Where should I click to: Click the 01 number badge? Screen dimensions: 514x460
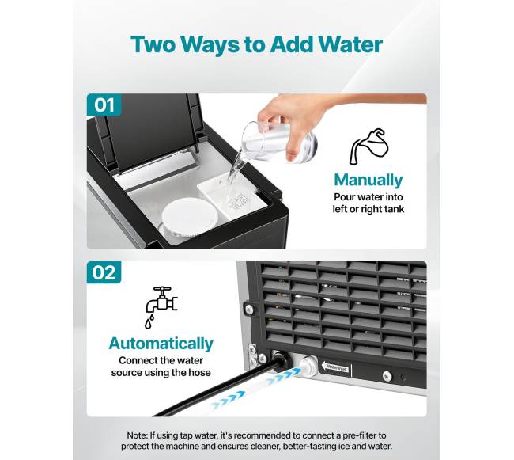click(x=104, y=105)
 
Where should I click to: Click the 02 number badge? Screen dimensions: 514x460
click(x=104, y=272)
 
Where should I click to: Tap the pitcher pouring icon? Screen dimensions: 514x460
click(x=369, y=146)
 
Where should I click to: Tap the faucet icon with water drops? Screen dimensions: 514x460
click(x=161, y=307)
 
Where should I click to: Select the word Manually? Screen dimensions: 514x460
click(x=368, y=181)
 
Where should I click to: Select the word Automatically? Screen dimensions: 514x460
click(x=161, y=344)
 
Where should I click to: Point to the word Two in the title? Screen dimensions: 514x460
click(x=153, y=44)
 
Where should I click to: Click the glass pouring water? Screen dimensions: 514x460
click(x=278, y=143)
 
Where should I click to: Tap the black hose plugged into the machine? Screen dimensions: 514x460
click(x=223, y=388)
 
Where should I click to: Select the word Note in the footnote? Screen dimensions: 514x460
click(x=137, y=435)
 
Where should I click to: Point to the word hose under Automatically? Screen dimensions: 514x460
click(x=199, y=372)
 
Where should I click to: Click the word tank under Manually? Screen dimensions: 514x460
click(x=394, y=209)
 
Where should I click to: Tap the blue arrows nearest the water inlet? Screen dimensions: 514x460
click(x=284, y=376)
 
